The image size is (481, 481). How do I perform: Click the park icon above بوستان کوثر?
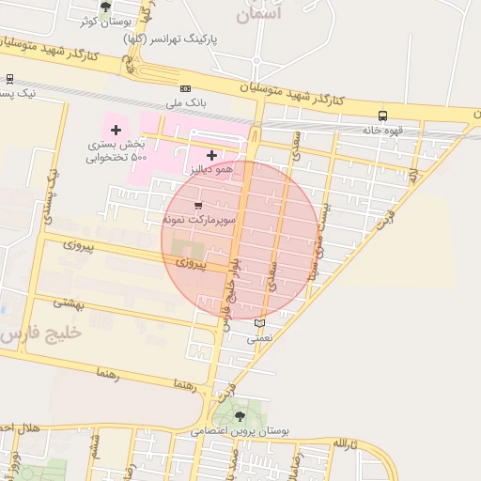point(104,8)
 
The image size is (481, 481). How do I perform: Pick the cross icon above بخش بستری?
point(116,130)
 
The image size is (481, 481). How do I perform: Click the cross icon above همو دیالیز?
point(211,154)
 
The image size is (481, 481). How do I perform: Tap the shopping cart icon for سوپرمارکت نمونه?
point(196,205)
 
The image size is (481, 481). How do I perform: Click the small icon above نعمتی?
point(260,322)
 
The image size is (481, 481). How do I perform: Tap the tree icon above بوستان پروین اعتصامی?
point(240,415)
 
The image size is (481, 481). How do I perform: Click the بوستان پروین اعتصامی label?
point(240,431)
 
